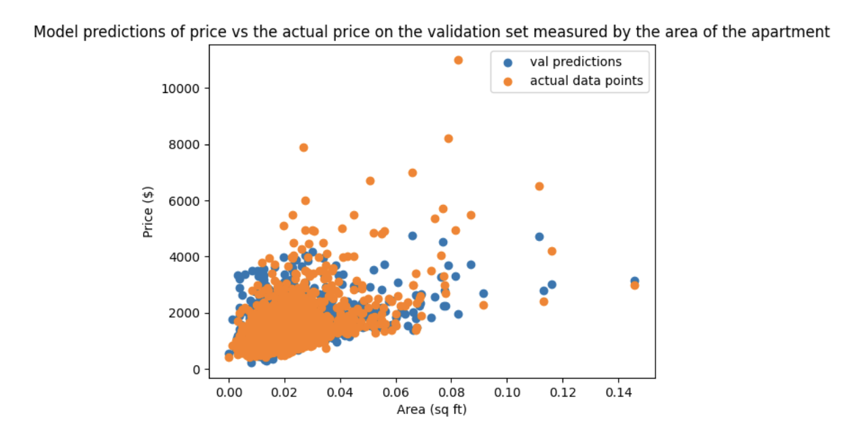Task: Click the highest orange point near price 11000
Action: click(458, 60)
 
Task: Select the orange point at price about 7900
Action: click(304, 147)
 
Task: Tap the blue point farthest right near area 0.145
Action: click(634, 281)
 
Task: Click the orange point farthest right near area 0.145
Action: click(634, 286)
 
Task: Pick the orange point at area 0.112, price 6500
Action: click(539, 186)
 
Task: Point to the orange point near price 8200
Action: click(448, 138)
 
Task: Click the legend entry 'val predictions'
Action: click(575, 62)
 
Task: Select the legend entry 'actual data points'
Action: click(586, 81)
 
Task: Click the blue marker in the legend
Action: click(508, 62)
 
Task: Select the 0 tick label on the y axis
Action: click(195, 369)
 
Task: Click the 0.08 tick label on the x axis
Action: click(451, 393)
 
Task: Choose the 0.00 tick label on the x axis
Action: click(229, 393)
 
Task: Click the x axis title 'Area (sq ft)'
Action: click(431, 409)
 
